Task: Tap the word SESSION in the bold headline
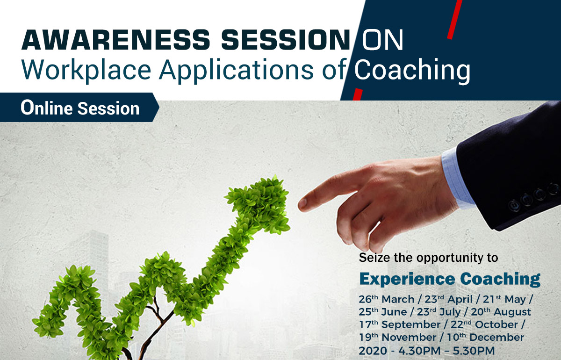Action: [286, 40]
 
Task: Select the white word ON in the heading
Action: [382, 40]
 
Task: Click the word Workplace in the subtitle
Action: [86, 71]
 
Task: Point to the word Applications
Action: [236, 71]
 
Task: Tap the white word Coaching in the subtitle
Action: [412, 71]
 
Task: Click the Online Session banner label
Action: [80, 108]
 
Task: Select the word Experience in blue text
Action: [407, 279]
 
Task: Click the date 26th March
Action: [387, 299]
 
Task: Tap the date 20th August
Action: [501, 312]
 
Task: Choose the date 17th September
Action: [399, 324]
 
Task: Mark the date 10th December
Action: [486, 338]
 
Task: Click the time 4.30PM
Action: [419, 351]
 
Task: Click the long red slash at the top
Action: [454, 20]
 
